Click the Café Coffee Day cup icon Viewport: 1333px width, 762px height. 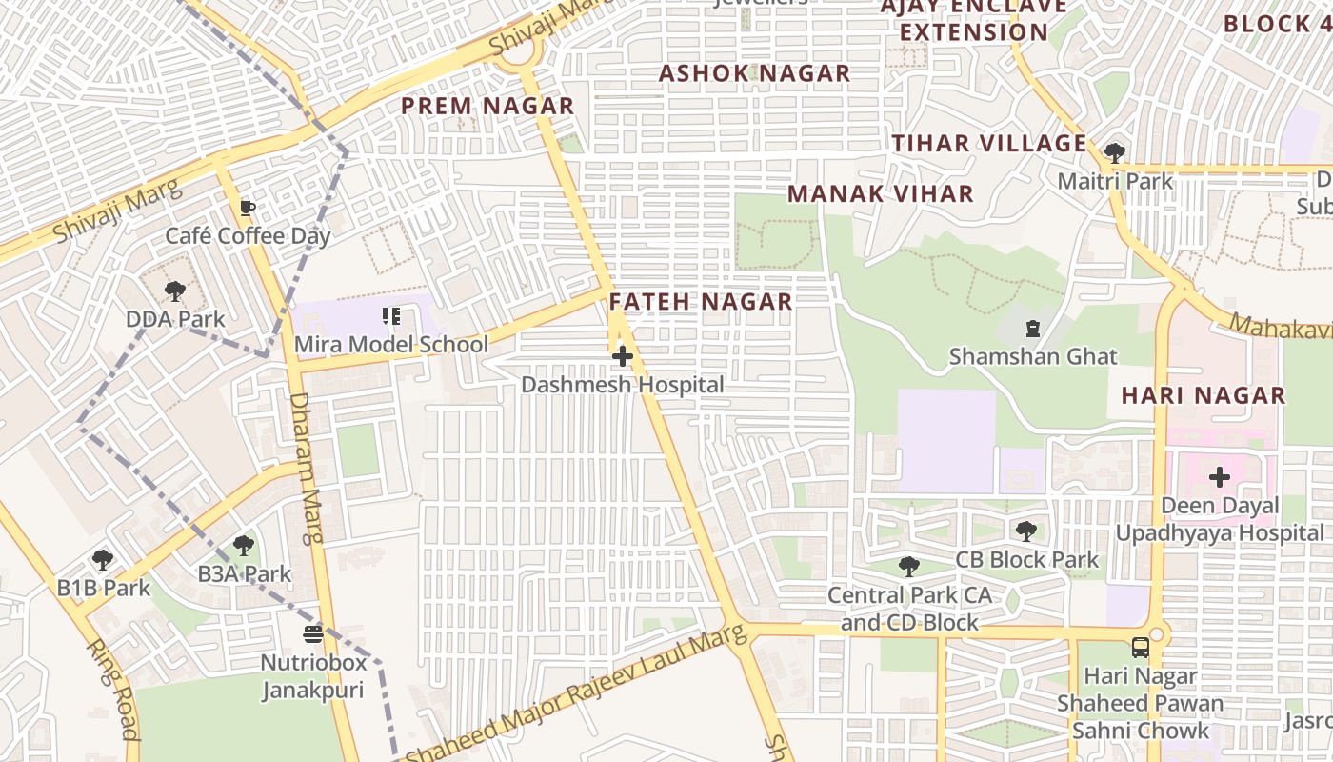(x=248, y=208)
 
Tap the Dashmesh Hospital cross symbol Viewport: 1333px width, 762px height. (x=623, y=357)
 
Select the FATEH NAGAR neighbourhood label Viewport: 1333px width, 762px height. (x=701, y=302)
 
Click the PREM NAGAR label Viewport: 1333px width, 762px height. (x=487, y=106)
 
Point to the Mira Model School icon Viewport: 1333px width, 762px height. (x=390, y=315)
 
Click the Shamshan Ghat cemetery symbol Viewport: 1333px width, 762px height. (x=1033, y=330)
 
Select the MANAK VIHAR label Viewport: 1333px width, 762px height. (x=881, y=194)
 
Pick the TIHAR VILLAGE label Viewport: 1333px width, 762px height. (x=989, y=144)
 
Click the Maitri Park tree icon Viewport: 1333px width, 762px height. (x=1114, y=152)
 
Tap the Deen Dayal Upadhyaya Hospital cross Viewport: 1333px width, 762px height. (x=1220, y=477)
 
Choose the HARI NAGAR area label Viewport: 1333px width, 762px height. (x=1204, y=395)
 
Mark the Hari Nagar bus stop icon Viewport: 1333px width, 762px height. (x=1140, y=648)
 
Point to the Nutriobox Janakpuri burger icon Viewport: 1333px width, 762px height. (x=313, y=633)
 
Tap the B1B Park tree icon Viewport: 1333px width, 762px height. (x=103, y=560)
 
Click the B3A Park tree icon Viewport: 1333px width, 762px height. (x=244, y=546)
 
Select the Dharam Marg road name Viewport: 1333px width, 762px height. (x=307, y=467)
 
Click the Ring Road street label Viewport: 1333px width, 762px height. (x=114, y=689)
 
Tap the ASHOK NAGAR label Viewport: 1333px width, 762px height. (x=755, y=73)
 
